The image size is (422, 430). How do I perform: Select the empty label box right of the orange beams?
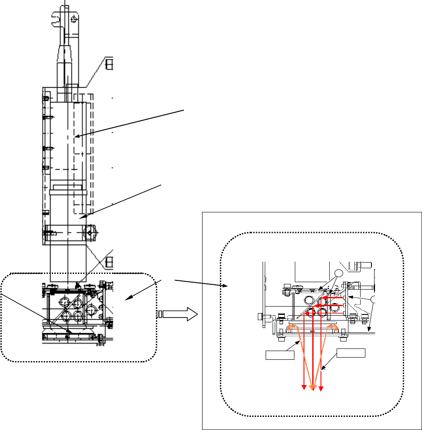351,353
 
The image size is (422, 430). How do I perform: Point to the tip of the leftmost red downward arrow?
304,387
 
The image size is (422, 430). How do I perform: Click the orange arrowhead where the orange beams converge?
312,387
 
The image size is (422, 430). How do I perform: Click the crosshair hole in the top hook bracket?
74,19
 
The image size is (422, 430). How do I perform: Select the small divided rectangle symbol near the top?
109,64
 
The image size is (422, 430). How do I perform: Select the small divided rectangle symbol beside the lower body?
109,262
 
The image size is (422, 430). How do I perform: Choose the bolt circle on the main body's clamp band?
90,232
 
